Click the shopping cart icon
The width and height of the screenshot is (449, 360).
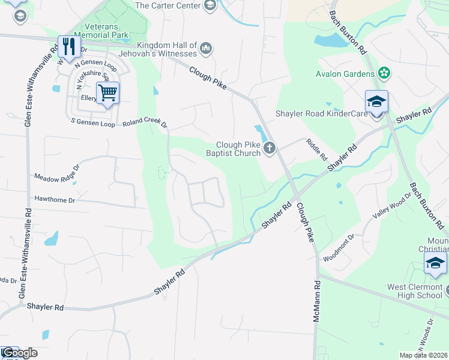[107, 93]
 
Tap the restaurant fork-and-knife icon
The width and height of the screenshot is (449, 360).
[68, 46]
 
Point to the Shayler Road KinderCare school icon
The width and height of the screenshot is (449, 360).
[376, 101]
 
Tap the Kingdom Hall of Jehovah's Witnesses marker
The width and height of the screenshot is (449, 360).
[206, 47]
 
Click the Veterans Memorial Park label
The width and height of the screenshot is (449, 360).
[107, 31]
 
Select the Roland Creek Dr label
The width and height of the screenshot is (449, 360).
[144, 122]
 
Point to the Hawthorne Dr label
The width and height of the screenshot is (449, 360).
[55, 198]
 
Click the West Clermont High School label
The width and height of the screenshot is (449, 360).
[414, 291]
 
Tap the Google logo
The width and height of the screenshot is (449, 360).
[19, 353]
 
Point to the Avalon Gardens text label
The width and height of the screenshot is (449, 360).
[345, 74]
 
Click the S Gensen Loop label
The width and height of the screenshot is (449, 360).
[93, 122]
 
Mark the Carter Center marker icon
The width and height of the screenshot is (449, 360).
[210, 6]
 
